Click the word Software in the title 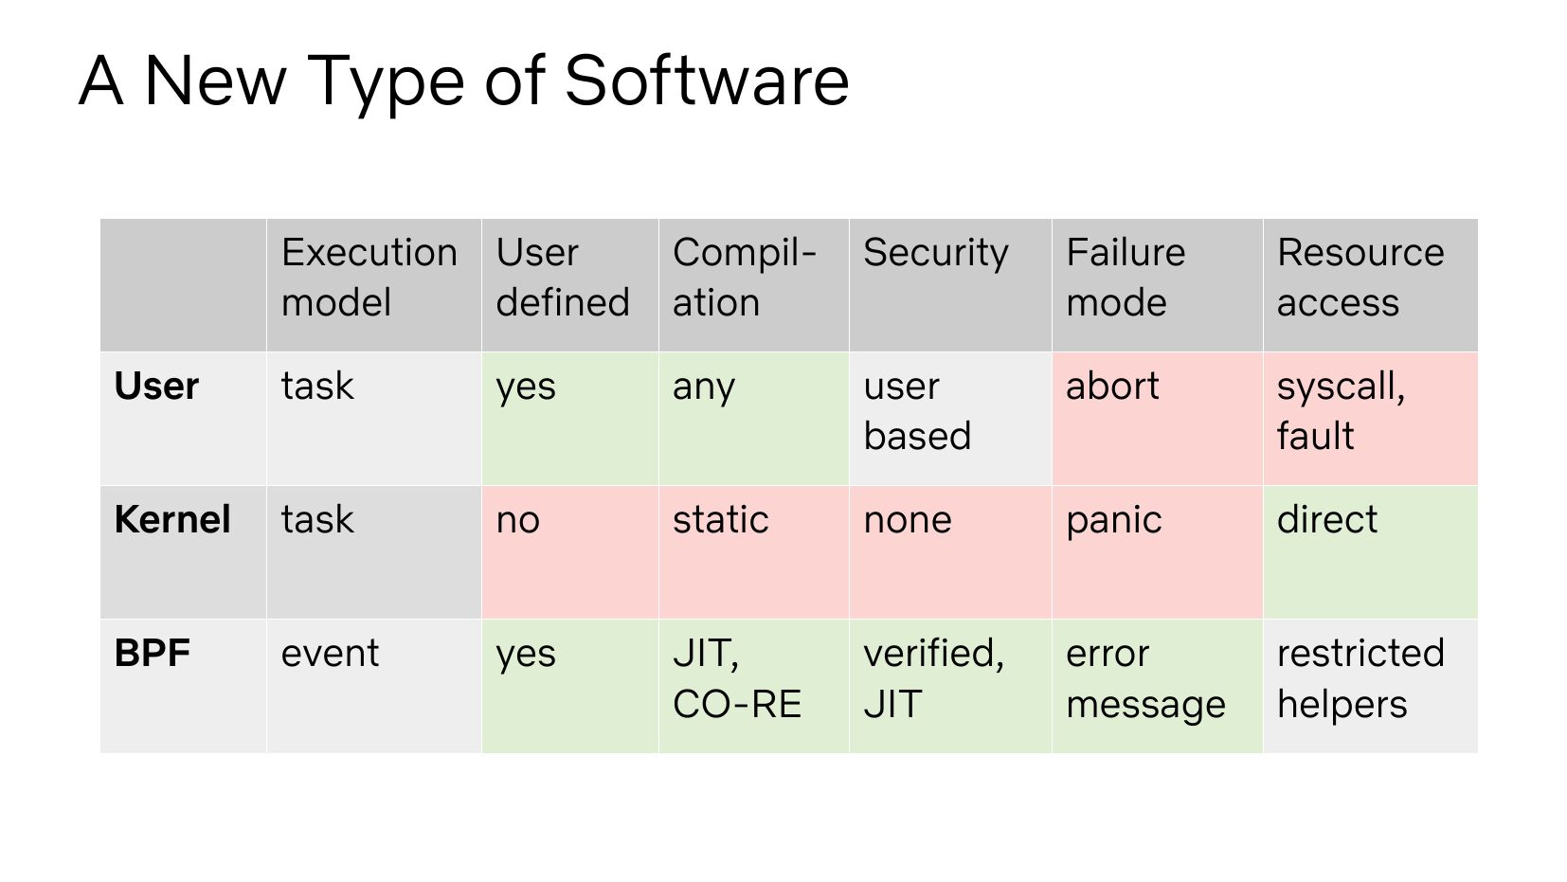point(707,81)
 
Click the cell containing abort point(1157,419)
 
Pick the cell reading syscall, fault point(1371,419)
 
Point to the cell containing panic point(1157,552)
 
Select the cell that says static point(753,552)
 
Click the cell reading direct point(1371,552)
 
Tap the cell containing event point(373,686)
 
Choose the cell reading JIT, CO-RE point(753,686)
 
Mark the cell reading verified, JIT point(950,686)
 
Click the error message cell point(1157,686)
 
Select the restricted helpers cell point(1371,686)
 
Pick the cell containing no point(569,552)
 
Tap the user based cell point(950,419)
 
